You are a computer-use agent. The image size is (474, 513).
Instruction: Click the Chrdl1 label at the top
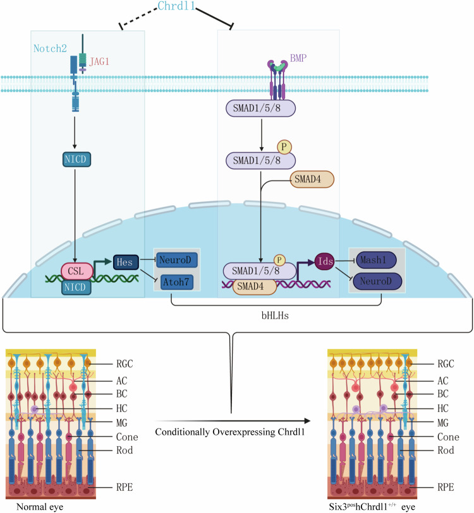[176, 6]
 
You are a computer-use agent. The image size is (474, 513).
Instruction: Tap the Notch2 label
[50, 49]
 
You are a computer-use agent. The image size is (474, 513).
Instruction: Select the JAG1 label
[99, 61]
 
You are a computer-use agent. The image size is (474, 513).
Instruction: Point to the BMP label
[298, 58]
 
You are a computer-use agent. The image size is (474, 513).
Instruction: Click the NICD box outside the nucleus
[76, 160]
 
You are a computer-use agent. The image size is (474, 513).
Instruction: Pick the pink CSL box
[77, 271]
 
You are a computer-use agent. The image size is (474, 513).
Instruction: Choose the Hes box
[126, 262]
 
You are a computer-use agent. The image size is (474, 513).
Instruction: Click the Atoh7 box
[177, 282]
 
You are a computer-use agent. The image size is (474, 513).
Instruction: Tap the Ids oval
[324, 261]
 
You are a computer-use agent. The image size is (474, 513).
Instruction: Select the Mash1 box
[376, 260]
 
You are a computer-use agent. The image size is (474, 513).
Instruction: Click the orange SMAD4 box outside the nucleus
[312, 179]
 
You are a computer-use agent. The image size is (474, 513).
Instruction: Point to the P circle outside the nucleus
[284, 147]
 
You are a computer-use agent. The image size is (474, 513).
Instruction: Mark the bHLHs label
[275, 315]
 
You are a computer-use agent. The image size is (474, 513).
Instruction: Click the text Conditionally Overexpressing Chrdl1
[230, 432]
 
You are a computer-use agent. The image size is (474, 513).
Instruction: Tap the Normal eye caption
[40, 507]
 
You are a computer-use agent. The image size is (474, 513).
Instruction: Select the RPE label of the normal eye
[125, 487]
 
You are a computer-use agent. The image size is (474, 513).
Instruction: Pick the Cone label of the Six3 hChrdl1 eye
[448, 437]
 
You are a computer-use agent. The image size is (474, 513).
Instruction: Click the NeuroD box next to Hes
[177, 261]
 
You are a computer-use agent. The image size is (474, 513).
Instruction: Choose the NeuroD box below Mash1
[377, 281]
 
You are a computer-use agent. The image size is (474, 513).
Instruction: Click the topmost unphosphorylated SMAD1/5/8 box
[260, 109]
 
